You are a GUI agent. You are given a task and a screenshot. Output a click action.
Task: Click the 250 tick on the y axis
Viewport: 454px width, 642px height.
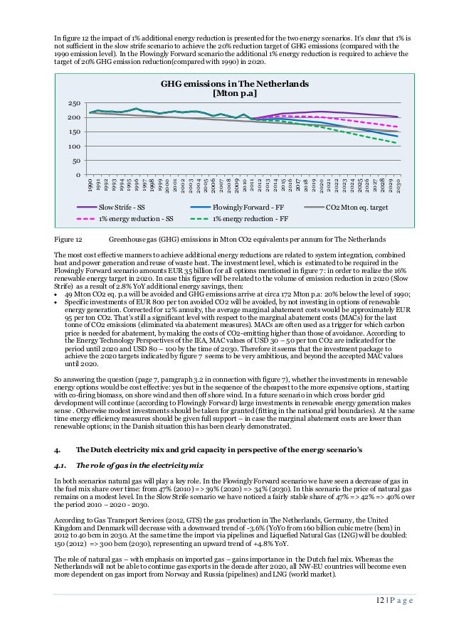point(73,103)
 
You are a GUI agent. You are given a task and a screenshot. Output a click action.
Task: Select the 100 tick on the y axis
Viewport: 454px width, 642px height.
point(73,146)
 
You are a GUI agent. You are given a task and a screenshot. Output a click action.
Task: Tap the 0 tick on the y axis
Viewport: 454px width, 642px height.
point(78,175)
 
